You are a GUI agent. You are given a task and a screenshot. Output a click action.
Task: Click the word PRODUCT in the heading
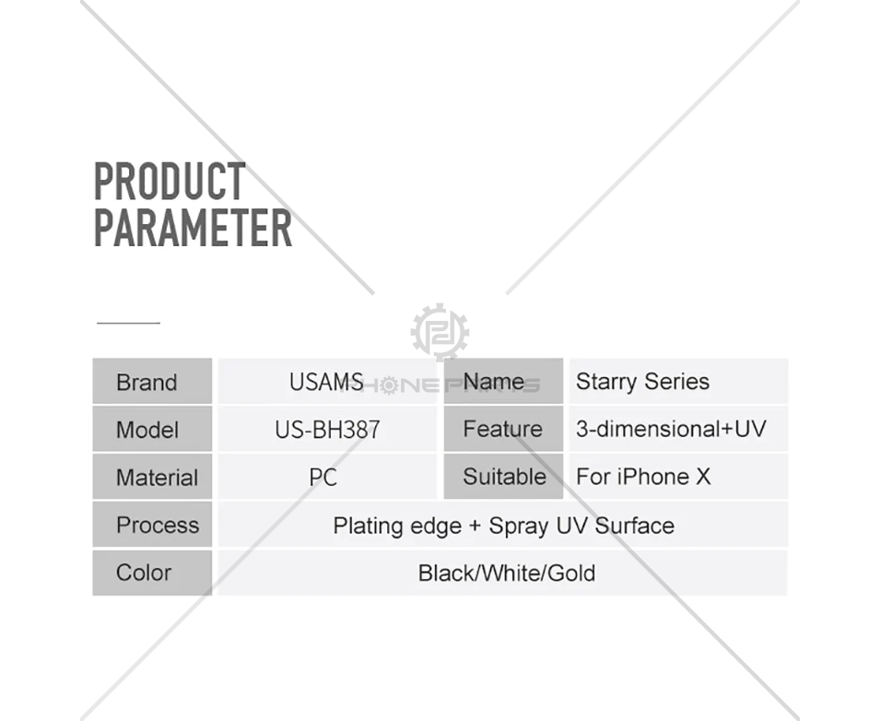pos(170,181)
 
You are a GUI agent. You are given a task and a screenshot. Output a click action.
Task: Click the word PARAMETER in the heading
pos(193,228)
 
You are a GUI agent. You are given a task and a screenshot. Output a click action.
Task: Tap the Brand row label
pos(147,382)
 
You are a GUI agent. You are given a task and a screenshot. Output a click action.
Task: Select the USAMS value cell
pos(326,382)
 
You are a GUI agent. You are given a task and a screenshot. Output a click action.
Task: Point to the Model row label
pos(147,430)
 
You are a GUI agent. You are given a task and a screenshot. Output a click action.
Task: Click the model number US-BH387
pos(327,430)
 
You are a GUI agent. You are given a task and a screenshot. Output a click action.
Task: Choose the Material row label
pos(157,478)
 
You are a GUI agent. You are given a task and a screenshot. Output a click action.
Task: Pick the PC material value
pos(323,478)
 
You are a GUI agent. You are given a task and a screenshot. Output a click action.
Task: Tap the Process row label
pos(158,526)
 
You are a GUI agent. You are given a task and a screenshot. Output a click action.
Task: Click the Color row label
pos(143,573)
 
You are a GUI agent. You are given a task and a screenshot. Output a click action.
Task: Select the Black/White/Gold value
pos(507,573)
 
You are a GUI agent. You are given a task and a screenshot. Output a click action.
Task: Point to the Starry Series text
pos(642,382)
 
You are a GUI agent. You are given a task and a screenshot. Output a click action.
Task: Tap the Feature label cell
pos(503,430)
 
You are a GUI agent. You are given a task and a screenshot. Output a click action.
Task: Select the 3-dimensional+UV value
pos(671,430)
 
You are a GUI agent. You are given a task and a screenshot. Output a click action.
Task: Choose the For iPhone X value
pos(643,477)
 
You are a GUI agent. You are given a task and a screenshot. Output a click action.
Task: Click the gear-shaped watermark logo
pos(440,332)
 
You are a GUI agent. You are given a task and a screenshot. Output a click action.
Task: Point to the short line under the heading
pos(129,323)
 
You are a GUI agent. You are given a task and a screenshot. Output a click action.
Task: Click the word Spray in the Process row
pos(519,526)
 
